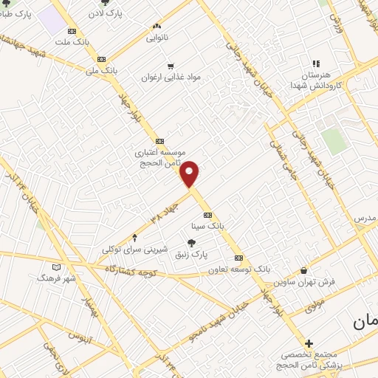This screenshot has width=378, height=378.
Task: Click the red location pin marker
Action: point(190,174)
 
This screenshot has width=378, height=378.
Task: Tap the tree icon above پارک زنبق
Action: point(191,241)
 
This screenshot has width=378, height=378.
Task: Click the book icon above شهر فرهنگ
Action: point(58,267)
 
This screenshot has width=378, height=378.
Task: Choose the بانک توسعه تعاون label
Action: point(236,269)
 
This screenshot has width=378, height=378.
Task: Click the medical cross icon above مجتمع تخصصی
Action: point(309,343)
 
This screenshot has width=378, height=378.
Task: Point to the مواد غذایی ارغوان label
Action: point(171,77)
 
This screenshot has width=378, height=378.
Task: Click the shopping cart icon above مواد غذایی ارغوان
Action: point(171,65)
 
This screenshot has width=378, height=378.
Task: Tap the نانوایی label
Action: point(157,36)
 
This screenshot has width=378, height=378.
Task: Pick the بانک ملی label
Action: point(102,71)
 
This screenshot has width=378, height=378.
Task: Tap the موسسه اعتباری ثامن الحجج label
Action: point(158,157)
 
